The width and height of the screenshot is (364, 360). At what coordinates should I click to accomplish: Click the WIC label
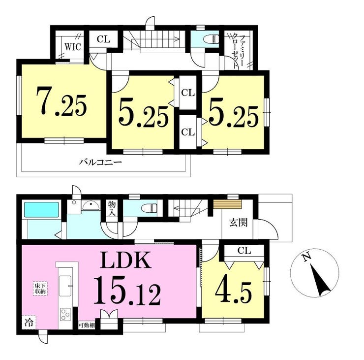coord(73,47)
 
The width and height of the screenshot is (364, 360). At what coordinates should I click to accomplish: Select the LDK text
coord(126,260)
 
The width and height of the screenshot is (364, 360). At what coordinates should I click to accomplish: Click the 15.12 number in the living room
coord(127,291)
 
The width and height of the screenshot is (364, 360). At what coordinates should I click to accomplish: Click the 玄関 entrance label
coord(239,223)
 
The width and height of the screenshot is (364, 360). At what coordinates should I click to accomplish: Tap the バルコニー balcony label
coord(100,162)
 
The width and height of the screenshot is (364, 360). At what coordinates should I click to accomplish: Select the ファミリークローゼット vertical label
coord(239,51)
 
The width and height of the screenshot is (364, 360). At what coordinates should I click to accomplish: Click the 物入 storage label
coord(112,209)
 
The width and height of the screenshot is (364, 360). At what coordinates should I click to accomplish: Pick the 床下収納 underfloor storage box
coord(40,288)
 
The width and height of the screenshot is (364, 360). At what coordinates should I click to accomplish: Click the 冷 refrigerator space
coord(29,323)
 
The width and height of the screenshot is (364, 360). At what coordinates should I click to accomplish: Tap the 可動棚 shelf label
coord(87,326)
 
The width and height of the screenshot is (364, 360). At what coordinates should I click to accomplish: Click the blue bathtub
coord(41,210)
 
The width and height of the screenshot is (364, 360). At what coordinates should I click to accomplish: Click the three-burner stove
coord(65,314)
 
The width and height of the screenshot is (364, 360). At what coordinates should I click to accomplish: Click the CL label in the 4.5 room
coord(244,251)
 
